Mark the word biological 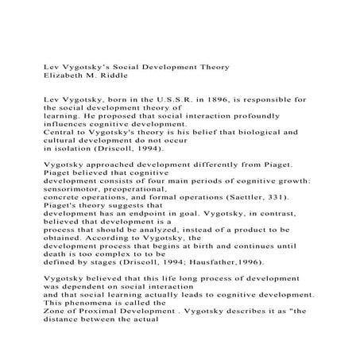click(238, 132)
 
